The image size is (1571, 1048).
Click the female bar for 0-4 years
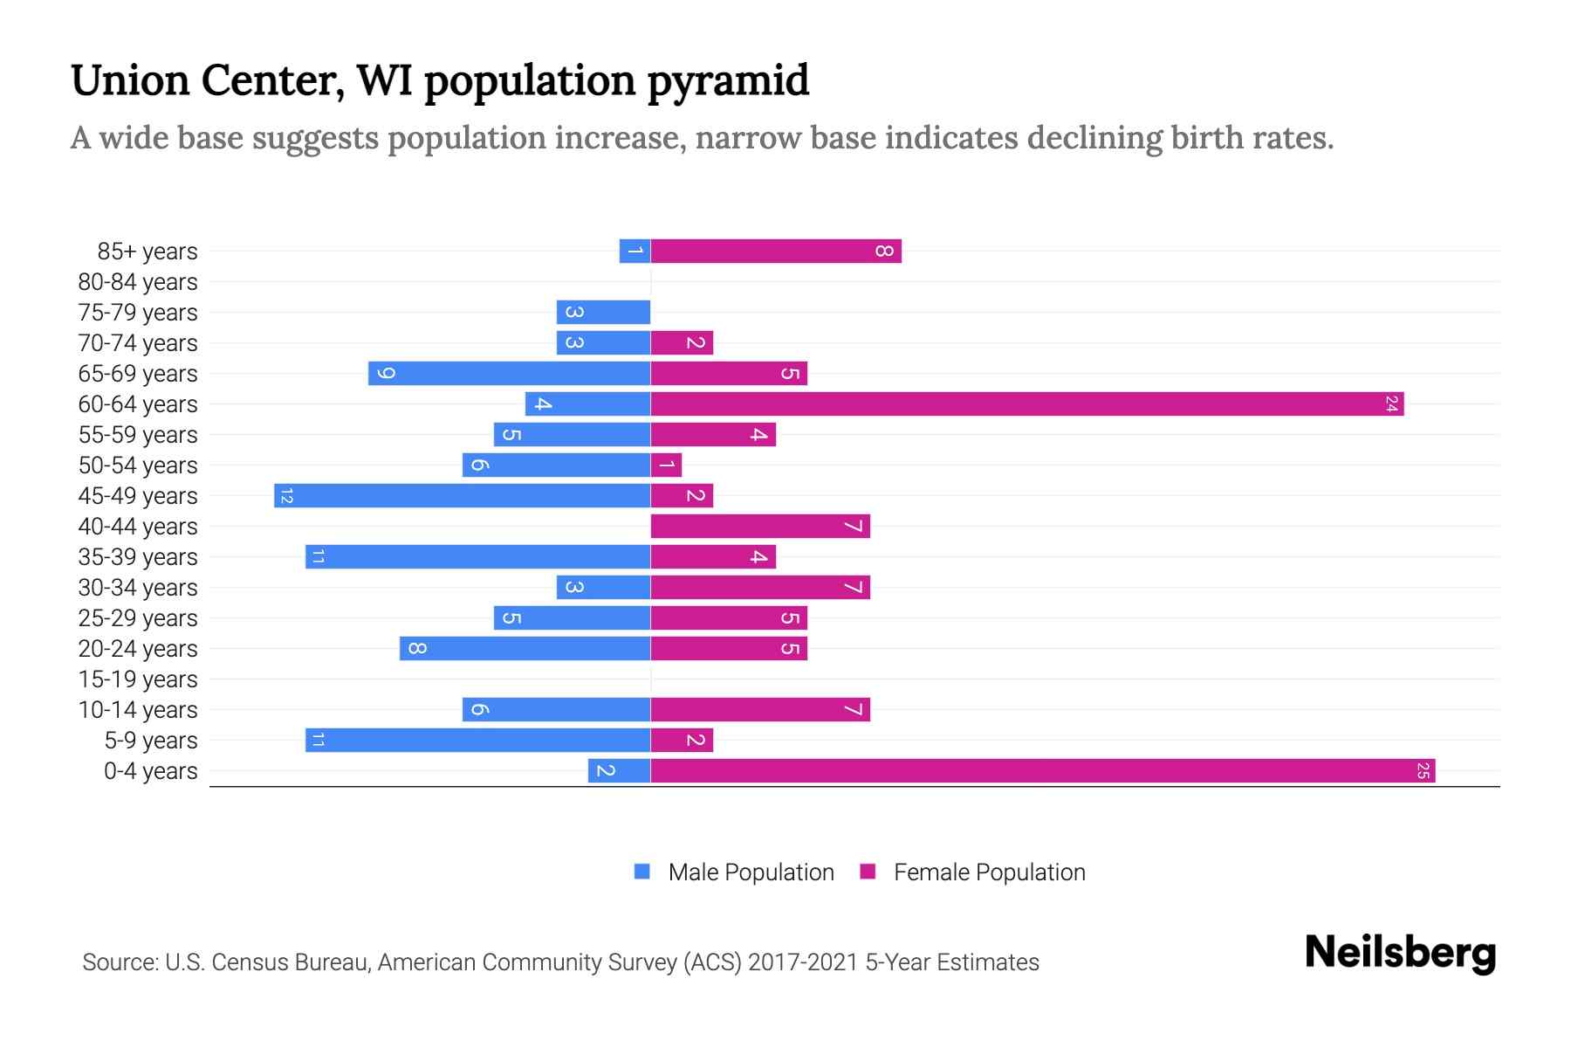pos(1043,771)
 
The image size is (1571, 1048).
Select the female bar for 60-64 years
pos(1027,404)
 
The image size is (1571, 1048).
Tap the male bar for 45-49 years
pos(463,496)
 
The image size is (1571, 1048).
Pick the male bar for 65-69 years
pos(510,374)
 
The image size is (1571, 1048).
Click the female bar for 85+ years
pos(776,252)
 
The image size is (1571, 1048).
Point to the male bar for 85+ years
pos(635,252)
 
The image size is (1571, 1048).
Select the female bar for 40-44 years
pos(760,527)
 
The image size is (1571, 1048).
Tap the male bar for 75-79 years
pos(604,313)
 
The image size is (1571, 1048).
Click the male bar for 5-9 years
pos(478,741)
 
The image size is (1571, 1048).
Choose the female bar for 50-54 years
pos(666,465)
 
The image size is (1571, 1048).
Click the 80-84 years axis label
pos(138,282)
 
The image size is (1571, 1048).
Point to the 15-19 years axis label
pos(138,679)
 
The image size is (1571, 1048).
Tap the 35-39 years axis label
pos(138,557)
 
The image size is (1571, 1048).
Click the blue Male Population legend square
pos(642,872)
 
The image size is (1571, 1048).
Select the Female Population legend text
pos(989,872)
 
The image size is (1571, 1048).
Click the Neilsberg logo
pos(1400,953)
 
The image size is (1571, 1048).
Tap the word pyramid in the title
pos(728,81)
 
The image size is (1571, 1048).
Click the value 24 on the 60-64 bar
pos(1391,404)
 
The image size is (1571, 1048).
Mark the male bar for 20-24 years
pos(525,649)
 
